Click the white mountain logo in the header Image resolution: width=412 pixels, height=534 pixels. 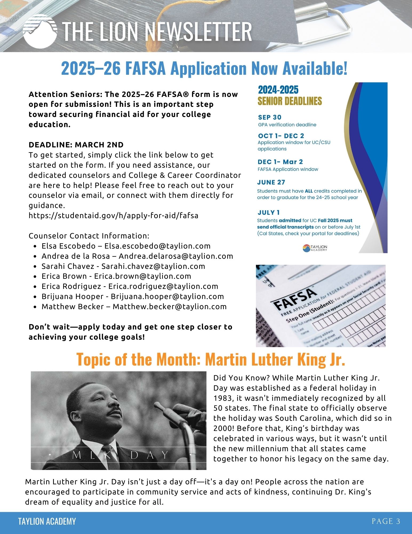40,31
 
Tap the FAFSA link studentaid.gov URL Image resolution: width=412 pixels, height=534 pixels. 113,215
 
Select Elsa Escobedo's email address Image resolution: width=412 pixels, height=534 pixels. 157,246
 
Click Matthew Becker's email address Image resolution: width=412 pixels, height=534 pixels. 170,307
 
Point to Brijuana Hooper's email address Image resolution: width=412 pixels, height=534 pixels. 167,296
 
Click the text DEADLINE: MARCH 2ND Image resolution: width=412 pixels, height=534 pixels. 76,145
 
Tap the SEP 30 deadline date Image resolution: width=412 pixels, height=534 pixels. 270,117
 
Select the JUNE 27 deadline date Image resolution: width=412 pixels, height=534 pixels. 271,182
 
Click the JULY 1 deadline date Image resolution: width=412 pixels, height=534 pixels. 269,213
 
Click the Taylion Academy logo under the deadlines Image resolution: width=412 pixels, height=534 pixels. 315,248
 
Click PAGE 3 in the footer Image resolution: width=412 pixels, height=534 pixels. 386,521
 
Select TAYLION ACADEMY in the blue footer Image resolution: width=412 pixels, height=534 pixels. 47,521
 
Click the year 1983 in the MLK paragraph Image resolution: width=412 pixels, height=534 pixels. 222,398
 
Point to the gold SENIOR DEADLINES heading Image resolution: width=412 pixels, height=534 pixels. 290,101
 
